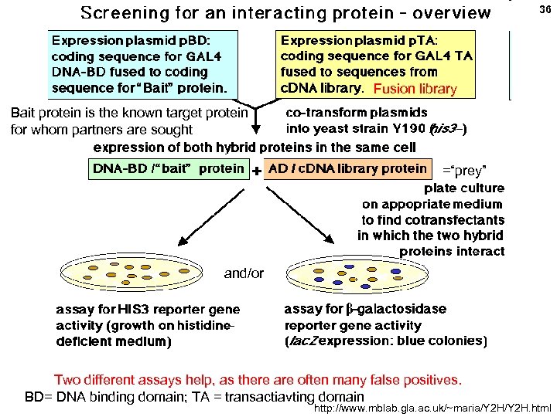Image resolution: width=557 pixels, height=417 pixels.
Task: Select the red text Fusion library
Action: point(415,89)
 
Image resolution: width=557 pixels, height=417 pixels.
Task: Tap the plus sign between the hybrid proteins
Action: point(256,171)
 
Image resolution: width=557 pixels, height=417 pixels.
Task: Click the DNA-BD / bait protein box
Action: point(168,169)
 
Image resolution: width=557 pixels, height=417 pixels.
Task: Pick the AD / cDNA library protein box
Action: point(347,169)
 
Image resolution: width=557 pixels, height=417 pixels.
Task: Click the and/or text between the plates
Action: point(244,273)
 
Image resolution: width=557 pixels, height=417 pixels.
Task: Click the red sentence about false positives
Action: point(257,380)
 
